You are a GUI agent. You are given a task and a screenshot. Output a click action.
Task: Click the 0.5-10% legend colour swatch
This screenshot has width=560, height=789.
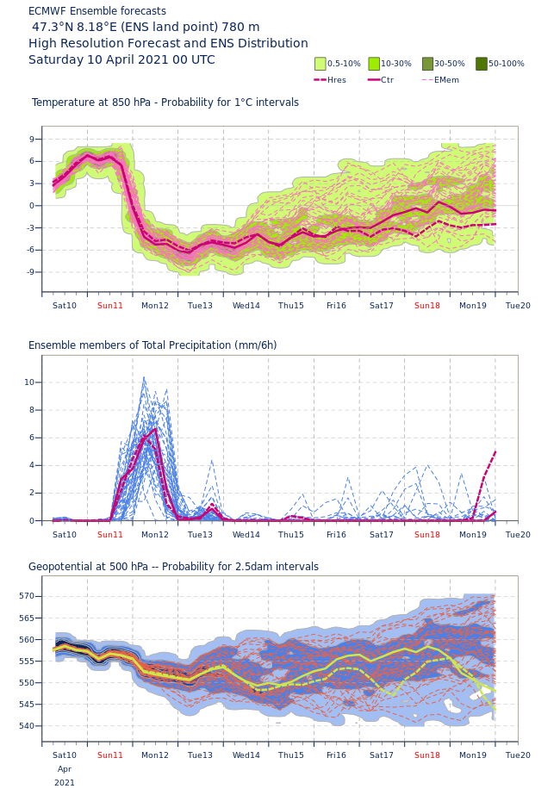pos(320,64)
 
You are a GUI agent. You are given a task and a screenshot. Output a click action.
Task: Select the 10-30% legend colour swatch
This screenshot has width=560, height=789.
pos(374,64)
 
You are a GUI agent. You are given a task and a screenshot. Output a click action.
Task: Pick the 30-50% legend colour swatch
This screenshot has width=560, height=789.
pos(427,64)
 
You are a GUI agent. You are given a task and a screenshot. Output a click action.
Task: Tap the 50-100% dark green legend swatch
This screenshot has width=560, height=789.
pos(482,64)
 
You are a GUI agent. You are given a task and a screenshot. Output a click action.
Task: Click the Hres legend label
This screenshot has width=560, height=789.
pos(337,80)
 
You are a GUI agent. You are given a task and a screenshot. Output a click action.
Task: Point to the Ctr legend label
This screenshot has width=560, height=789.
pos(387,80)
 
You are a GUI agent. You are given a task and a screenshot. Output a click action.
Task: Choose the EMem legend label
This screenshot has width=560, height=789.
pos(446,80)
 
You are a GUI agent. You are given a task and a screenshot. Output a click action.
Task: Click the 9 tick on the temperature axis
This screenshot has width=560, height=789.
pos(32,140)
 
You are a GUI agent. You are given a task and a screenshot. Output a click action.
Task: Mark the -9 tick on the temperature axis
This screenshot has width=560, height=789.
pos(30,272)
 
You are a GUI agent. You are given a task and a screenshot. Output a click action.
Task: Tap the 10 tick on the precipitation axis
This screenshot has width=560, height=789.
pos(29,382)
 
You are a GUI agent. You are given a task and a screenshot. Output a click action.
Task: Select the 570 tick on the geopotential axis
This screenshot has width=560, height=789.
pos(27,596)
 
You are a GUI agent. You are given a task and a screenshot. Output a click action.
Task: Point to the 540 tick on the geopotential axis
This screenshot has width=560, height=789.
pos(27,726)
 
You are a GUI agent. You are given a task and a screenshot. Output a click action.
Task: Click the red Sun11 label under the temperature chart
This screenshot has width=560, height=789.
pos(109,306)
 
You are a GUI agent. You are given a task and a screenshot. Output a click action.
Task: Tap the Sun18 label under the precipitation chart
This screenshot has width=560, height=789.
pos(426,535)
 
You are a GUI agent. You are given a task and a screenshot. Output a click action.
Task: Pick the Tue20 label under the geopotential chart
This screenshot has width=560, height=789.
pos(518,755)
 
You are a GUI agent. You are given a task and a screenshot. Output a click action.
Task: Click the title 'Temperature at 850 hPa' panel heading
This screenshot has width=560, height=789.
pos(165,103)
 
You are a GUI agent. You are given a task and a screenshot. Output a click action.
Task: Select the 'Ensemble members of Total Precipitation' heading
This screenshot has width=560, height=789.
pos(152,345)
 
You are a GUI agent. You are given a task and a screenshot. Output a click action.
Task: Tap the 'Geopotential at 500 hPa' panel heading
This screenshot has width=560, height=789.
pos(173,567)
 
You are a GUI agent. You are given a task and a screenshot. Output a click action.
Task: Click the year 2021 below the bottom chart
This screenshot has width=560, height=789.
pos(65,783)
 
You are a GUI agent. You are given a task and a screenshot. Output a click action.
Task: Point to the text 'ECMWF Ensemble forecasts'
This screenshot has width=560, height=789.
pos(97,11)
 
